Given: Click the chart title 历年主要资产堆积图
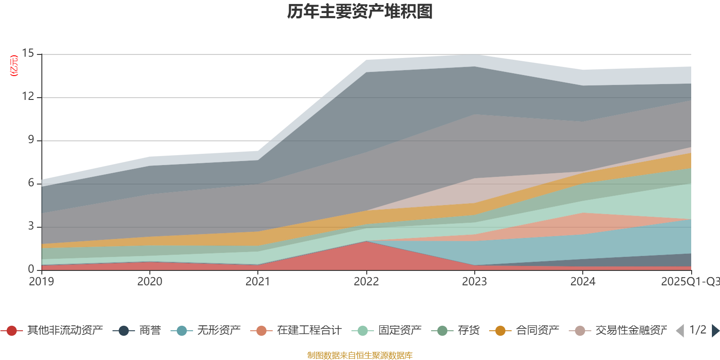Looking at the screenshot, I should tap(360, 12).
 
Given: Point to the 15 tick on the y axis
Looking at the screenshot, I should tap(28, 54).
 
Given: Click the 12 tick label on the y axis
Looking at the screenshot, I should tap(28, 97).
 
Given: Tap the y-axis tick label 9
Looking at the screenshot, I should tap(31, 140).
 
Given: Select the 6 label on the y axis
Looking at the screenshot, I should tap(31, 183).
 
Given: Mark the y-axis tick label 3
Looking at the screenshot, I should tap(31, 226).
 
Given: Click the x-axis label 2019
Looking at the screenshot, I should tap(41, 282).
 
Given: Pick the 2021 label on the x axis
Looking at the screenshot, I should tap(258, 282).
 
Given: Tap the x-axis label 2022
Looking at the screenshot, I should tap(366, 282).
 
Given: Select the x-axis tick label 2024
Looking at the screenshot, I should tap(583, 282).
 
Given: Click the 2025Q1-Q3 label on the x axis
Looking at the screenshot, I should tap(689, 282).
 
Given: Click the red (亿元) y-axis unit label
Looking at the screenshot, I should tap(14, 66).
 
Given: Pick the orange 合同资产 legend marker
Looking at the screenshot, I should tap(500, 331).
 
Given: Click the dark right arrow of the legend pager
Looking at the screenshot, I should tap(715, 331).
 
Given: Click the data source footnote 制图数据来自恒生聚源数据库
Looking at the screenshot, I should tap(360, 355).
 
